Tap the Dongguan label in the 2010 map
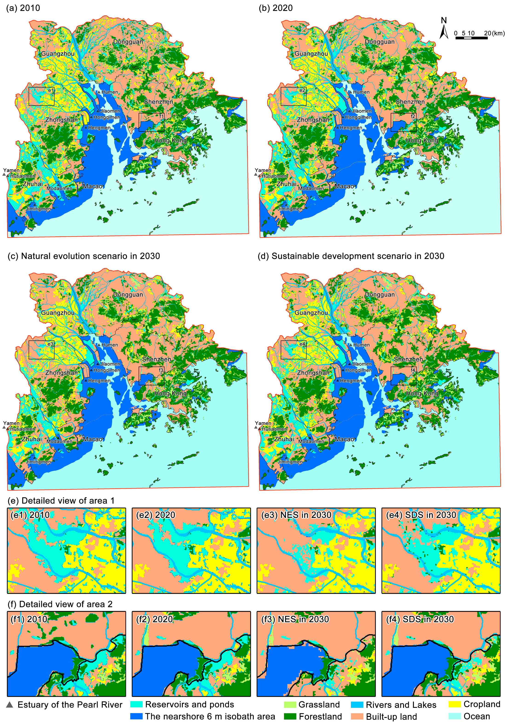point(128,42)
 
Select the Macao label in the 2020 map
point(344,186)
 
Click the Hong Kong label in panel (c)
point(170,393)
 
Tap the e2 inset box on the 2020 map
point(293,96)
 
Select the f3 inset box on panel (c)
point(151,376)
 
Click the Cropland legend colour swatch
point(455,704)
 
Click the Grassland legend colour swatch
point(290,705)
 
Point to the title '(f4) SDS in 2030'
point(420,619)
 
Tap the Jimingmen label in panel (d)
point(290,462)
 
